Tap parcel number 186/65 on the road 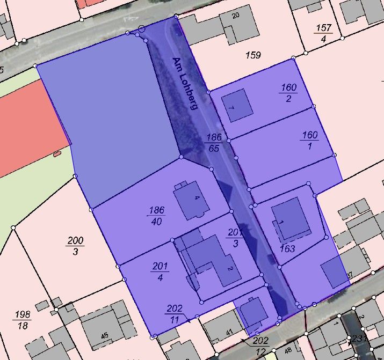(213, 143)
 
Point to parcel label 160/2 (288, 92)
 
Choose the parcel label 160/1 (310, 140)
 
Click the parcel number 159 (252, 55)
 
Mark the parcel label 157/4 (323, 33)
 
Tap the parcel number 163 (288, 249)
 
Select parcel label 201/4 (160, 271)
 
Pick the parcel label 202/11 (175, 314)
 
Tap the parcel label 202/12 (260, 346)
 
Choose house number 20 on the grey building (235, 15)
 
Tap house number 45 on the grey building (104, 336)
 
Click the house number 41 (229, 333)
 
